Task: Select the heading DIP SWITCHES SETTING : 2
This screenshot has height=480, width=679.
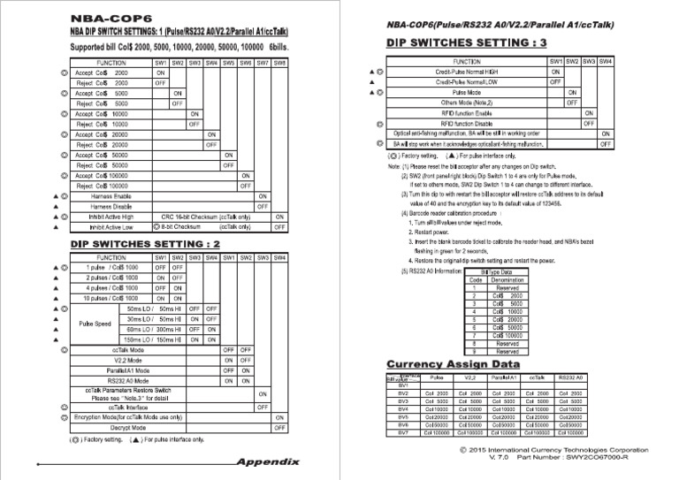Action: tap(145, 243)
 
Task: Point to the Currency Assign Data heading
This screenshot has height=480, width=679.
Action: tap(454, 363)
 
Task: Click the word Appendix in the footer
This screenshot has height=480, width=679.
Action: tap(268, 461)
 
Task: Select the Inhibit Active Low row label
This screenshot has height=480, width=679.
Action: tap(111, 226)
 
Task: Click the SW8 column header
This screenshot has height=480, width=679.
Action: tap(279, 63)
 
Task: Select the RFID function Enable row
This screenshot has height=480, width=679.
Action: tap(467, 113)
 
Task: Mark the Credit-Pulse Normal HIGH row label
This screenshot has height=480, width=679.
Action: tap(467, 71)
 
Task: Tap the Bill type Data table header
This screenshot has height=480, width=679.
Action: tap(496, 272)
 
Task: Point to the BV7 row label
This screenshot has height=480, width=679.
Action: tap(403, 433)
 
